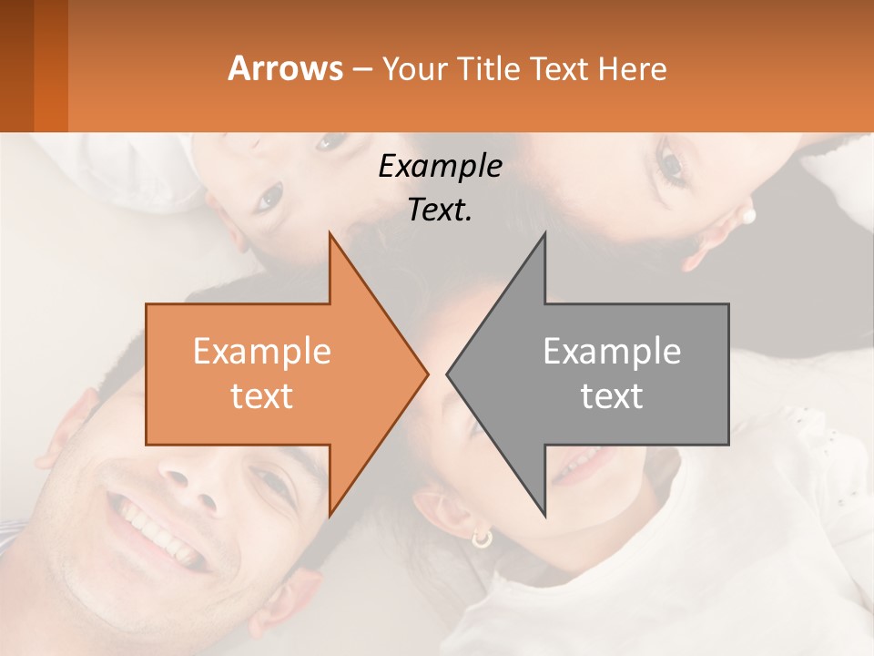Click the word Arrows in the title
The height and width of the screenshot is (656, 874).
pos(285,68)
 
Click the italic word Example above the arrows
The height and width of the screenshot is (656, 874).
pos(440,167)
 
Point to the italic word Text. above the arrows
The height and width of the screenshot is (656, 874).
pos(440,210)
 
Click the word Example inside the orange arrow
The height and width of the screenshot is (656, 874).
pos(262,352)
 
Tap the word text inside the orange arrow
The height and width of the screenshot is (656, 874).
pos(262,396)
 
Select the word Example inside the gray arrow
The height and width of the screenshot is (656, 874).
pos(612,352)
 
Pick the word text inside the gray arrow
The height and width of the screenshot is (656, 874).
pos(612,396)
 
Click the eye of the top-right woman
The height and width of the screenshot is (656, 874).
pos(672,164)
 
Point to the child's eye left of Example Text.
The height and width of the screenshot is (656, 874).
pos(270,196)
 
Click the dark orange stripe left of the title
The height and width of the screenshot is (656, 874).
pos(50,66)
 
